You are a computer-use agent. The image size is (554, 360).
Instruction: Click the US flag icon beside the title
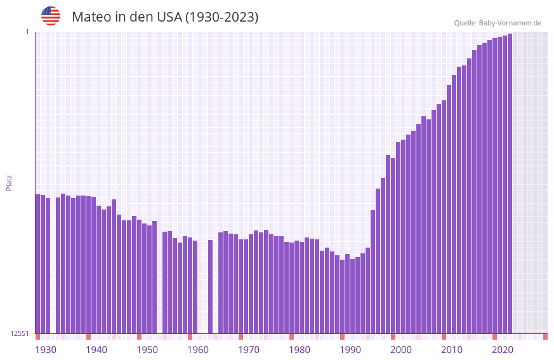click(51, 16)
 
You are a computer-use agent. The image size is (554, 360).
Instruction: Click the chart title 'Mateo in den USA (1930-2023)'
click(165, 17)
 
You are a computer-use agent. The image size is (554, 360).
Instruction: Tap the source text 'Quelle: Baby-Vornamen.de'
click(498, 23)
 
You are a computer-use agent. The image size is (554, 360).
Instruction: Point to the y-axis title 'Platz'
click(9, 183)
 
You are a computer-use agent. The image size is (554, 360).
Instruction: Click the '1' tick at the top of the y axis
click(27, 32)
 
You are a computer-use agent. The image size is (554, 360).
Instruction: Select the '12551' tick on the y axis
click(20, 333)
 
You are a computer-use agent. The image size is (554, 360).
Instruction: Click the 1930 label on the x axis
click(46, 350)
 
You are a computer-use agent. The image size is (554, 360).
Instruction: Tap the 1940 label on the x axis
click(96, 350)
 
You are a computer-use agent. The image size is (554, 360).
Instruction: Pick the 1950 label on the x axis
click(147, 350)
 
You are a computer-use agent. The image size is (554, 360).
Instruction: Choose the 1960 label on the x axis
click(198, 350)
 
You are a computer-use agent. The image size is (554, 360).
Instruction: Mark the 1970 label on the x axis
click(249, 350)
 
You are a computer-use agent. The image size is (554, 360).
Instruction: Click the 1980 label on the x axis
click(300, 350)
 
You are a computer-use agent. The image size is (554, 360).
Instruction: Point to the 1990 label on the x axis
click(350, 350)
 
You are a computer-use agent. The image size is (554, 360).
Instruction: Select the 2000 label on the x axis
click(401, 350)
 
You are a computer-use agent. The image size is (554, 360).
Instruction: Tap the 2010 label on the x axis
click(452, 350)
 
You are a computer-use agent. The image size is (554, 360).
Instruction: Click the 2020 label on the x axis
click(503, 350)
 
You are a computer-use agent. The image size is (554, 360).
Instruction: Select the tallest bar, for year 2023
click(510, 184)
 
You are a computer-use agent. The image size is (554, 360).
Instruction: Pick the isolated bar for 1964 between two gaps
click(210, 286)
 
